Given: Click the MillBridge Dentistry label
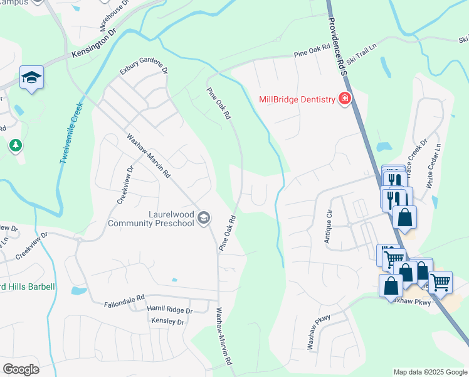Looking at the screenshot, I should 297,100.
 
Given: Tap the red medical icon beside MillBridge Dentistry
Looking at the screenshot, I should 344,99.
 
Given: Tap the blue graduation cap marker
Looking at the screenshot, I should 31,78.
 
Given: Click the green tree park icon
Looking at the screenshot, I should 16,146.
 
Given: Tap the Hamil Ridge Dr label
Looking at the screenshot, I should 169,309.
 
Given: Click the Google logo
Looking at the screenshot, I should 21,369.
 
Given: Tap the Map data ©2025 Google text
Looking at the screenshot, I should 429,372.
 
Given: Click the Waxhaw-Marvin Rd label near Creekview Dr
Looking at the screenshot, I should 149,156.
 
